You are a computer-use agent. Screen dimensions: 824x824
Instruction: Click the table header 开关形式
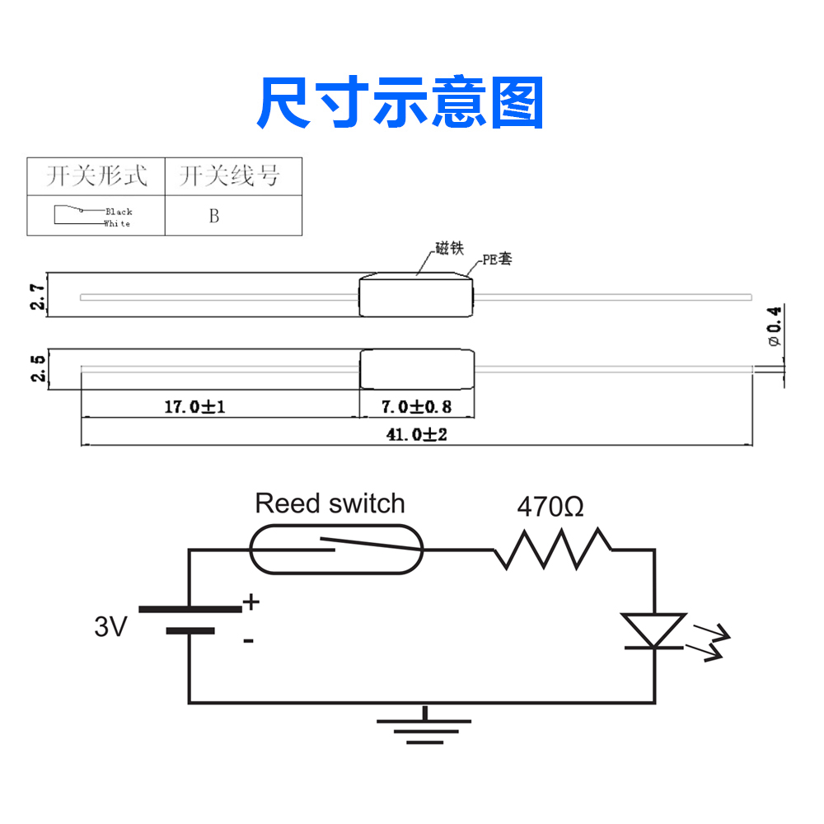[x=96, y=176]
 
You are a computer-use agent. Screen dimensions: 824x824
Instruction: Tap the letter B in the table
[x=214, y=216]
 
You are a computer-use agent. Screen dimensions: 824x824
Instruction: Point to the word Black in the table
[x=119, y=212]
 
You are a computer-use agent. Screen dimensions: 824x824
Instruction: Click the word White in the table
[x=117, y=223]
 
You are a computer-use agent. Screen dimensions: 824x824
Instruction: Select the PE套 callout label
[x=497, y=260]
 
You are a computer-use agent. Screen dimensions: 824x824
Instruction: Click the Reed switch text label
[x=330, y=503]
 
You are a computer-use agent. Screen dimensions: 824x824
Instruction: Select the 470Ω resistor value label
[x=550, y=507]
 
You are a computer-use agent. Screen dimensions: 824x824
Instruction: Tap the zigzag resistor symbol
[x=552, y=550]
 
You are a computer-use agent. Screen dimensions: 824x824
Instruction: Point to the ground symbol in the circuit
[x=424, y=725]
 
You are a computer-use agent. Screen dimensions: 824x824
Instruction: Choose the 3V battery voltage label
[x=111, y=628]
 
